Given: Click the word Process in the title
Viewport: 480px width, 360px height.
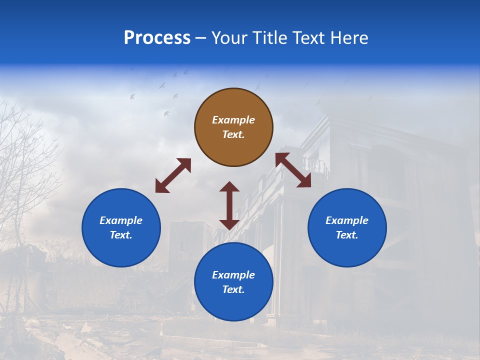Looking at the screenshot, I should pyautogui.click(x=157, y=38).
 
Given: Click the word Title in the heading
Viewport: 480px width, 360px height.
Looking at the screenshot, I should pyautogui.click(x=269, y=38).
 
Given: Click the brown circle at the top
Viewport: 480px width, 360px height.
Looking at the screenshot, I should pyautogui.click(x=233, y=127).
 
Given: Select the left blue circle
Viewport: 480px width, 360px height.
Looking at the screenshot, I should pyautogui.click(x=121, y=228).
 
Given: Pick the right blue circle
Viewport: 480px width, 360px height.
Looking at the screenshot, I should pyautogui.click(x=347, y=228).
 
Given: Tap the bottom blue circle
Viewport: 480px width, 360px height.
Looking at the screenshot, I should pyautogui.click(x=233, y=282).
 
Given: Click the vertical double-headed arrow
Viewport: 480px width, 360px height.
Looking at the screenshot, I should pyautogui.click(x=229, y=205).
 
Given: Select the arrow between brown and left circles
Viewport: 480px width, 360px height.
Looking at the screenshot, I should pyautogui.click(x=173, y=175).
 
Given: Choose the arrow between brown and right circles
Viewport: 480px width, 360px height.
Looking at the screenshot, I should pyautogui.click(x=293, y=170).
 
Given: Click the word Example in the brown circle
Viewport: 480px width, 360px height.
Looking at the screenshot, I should pyautogui.click(x=233, y=120).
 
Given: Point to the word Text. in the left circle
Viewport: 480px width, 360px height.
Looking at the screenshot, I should pyautogui.click(x=121, y=235).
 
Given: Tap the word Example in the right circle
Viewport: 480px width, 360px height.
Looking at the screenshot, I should pyautogui.click(x=347, y=220).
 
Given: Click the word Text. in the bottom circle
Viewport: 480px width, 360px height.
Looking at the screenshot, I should pyautogui.click(x=233, y=289).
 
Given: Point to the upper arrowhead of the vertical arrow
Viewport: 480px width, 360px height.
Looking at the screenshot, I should pyautogui.click(x=229, y=187).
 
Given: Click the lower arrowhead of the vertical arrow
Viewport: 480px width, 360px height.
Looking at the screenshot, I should pyautogui.click(x=229, y=224).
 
